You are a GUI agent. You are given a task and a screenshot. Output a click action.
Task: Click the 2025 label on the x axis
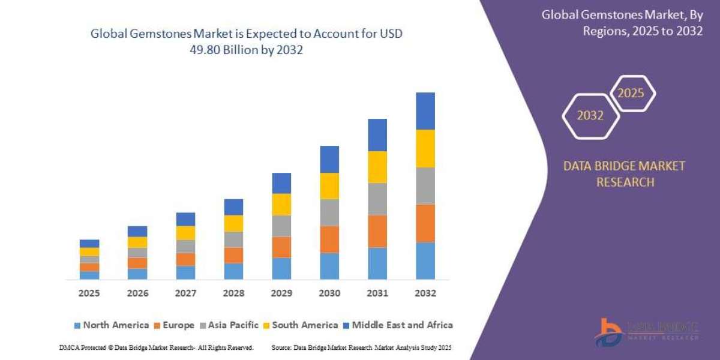click(89, 293)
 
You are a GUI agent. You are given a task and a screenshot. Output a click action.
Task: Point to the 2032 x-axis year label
click(425, 293)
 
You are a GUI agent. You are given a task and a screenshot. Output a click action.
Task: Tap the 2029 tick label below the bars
click(281, 293)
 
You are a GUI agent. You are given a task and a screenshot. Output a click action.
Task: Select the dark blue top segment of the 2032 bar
click(425, 111)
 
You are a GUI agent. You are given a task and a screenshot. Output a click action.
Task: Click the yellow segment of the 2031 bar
click(377, 167)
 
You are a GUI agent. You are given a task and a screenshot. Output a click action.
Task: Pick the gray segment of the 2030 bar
click(329, 212)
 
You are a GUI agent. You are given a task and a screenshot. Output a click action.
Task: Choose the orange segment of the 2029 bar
click(281, 247)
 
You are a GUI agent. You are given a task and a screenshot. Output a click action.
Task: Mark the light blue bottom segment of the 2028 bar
click(233, 271)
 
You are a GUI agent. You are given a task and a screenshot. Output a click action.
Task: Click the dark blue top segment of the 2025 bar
click(89, 244)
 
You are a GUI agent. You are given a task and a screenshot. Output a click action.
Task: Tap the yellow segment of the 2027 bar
click(185, 233)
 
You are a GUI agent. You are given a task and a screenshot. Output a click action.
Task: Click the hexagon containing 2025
click(631, 94)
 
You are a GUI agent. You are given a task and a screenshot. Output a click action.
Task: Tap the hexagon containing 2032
click(590, 116)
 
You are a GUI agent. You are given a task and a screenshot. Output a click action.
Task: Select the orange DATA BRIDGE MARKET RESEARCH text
click(624, 174)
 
